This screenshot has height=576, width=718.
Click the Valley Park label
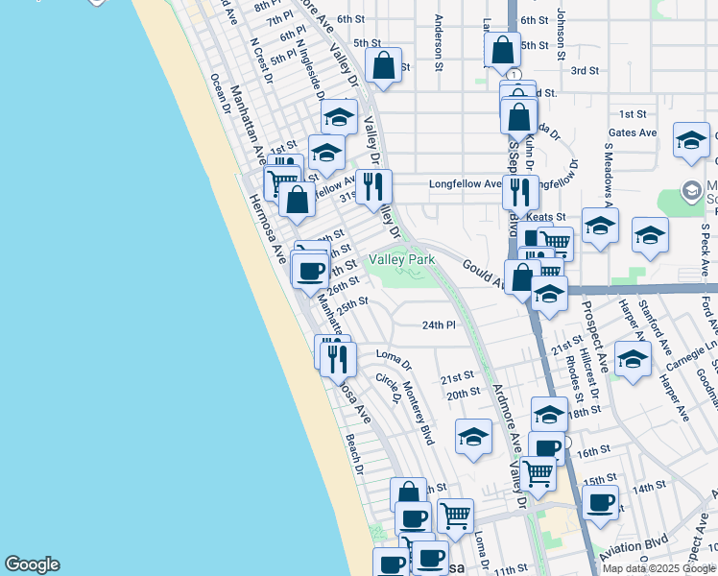[x=402, y=260]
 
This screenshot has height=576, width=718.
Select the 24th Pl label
[x=438, y=325]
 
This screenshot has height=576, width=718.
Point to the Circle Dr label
[x=387, y=389]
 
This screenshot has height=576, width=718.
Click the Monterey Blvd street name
[x=419, y=414]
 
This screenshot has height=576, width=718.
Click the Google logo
[x=32, y=564]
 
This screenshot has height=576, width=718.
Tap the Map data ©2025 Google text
[x=658, y=568]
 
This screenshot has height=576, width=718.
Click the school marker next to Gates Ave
[x=690, y=139]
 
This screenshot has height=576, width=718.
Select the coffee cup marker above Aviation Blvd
[x=601, y=502]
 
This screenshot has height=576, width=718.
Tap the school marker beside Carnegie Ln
[x=633, y=359]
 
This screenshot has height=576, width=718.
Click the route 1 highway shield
[x=515, y=75]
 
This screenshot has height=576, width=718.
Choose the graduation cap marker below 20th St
[x=473, y=437]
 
